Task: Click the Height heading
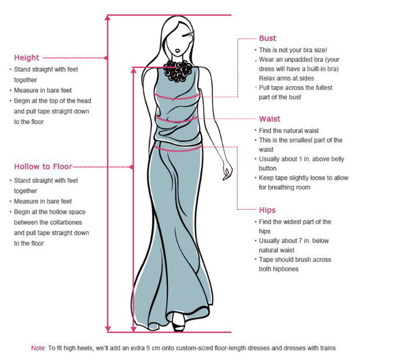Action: (x=26, y=57)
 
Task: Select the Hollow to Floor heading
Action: (x=43, y=167)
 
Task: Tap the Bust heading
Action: (x=267, y=39)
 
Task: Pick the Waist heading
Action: (x=270, y=119)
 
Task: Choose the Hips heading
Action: (x=267, y=210)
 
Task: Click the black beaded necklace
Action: (x=178, y=71)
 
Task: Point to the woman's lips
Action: (x=178, y=50)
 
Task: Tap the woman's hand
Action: (x=227, y=171)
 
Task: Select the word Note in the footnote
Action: (x=38, y=348)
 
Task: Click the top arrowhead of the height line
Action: (x=108, y=18)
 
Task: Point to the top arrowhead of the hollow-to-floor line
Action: (x=134, y=70)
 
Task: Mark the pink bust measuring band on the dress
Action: (x=176, y=97)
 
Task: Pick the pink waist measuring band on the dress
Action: (x=176, y=119)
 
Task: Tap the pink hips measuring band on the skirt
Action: (x=178, y=149)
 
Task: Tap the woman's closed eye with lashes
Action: (x=187, y=34)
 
